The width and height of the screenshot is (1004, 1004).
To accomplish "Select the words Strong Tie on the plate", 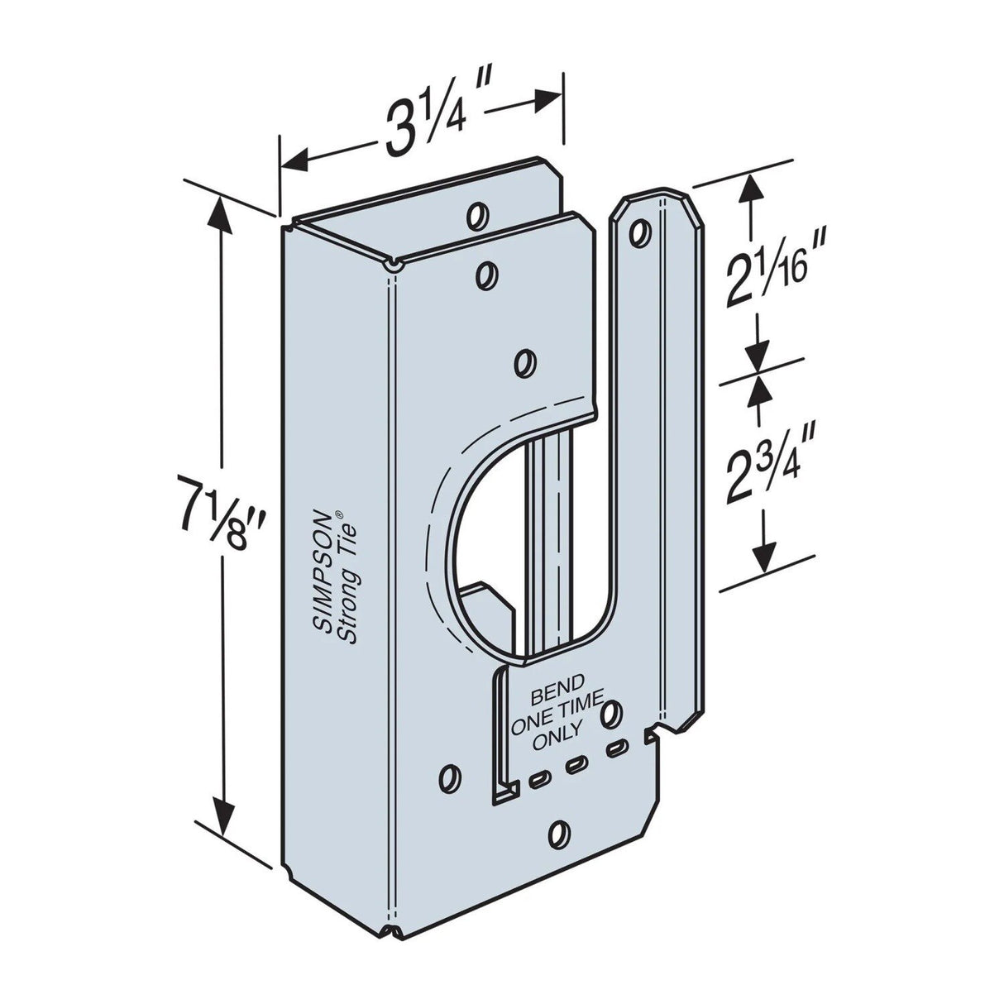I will click(x=348, y=579).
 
